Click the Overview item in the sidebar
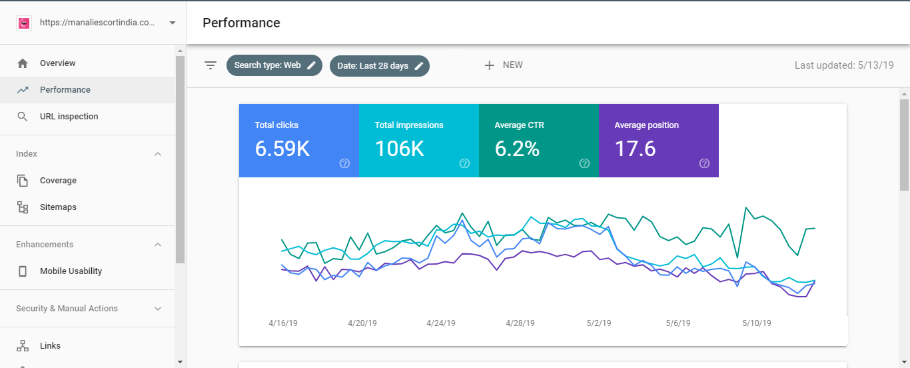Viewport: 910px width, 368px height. click(57, 63)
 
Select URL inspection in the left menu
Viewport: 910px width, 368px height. click(69, 117)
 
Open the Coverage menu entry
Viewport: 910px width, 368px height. click(58, 181)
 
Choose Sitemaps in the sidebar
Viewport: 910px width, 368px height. click(58, 207)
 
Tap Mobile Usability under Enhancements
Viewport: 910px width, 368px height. click(71, 271)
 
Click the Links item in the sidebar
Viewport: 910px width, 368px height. click(50, 346)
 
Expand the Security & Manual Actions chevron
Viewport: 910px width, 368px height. click(158, 309)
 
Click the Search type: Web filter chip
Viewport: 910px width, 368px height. click(274, 65)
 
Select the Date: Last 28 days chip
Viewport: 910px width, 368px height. click(380, 66)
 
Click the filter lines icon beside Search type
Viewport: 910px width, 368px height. click(211, 65)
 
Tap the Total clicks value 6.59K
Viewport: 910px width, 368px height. click(282, 149)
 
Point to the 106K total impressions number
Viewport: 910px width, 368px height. click(400, 149)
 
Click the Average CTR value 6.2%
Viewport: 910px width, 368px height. click(517, 149)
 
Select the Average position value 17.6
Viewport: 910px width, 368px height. click(635, 149)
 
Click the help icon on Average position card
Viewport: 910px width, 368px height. click(704, 163)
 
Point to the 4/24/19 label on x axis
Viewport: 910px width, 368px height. click(441, 323)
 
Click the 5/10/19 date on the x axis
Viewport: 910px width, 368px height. click(757, 323)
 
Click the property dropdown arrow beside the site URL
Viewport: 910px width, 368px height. click(173, 23)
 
